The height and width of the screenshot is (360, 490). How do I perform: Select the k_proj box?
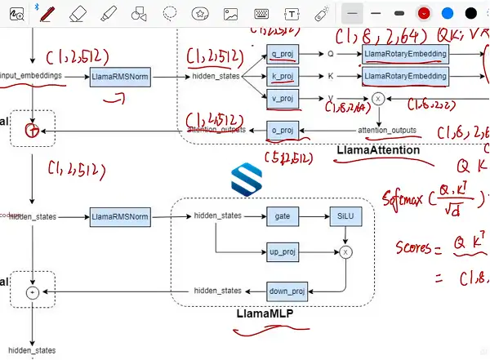point(282,76)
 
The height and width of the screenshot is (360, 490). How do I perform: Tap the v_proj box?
point(282,99)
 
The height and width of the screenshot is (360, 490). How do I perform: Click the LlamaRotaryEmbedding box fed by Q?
point(405,54)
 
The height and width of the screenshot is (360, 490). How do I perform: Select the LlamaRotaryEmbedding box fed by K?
point(405,76)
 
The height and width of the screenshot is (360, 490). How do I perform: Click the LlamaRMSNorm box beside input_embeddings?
point(120,76)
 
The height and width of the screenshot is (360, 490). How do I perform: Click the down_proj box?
point(286,291)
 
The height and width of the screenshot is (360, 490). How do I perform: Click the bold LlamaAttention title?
point(378,150)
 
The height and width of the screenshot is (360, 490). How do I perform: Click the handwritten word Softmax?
point(407,198)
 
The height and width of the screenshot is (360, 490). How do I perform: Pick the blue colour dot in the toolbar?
point(448,13)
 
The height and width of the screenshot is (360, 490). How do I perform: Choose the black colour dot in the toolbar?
point(471,13)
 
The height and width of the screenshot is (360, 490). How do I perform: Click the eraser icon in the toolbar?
point(78,14)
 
